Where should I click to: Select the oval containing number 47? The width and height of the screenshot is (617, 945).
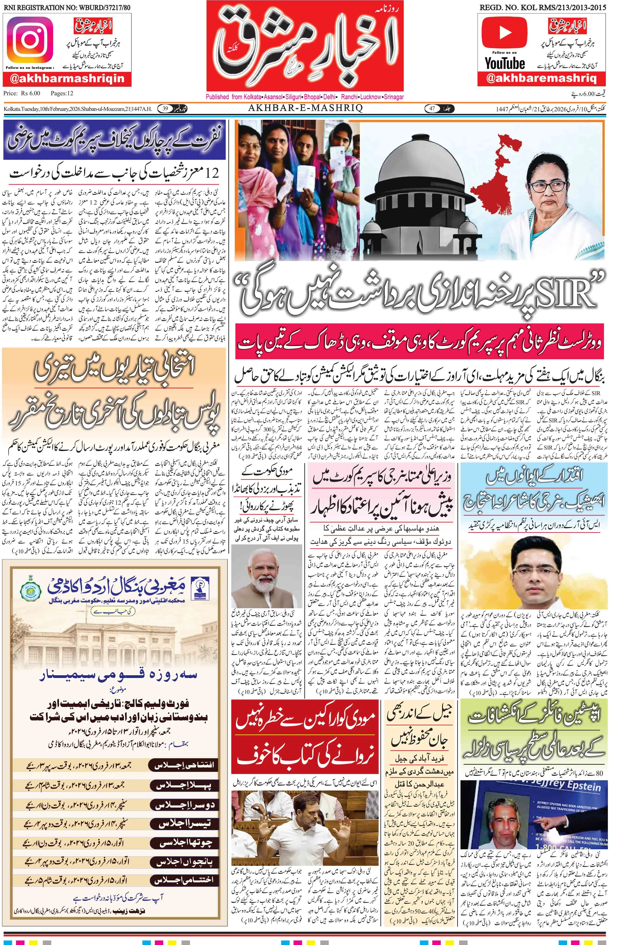(434, 108)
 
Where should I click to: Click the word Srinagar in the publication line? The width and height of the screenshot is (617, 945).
(393, 97)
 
